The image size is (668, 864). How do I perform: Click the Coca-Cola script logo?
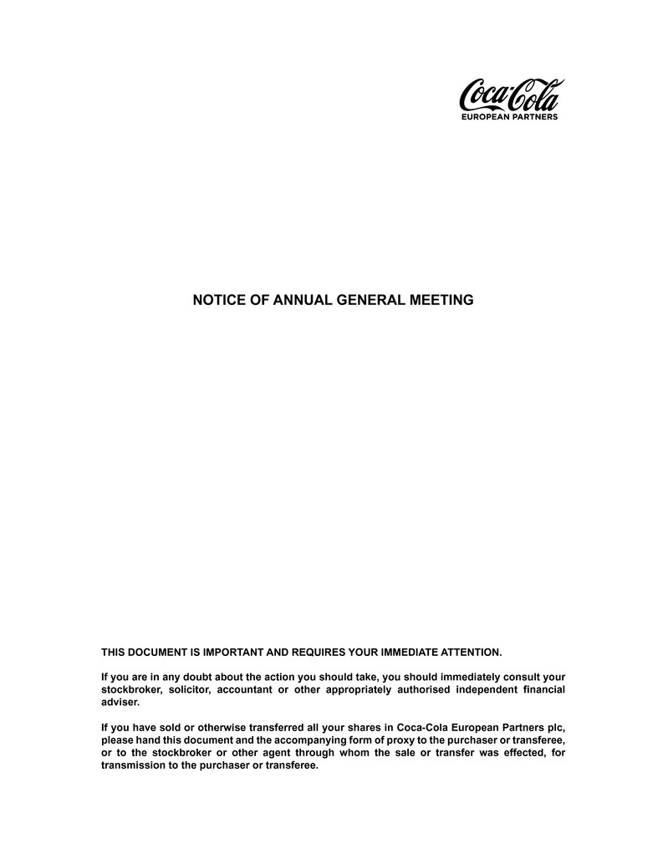pyautogui.click(x=511, y=95)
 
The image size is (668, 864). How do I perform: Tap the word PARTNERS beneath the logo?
pyautogui.click(x=534, y=118)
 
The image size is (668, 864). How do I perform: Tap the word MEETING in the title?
pyautogui.click(x=443, y=299)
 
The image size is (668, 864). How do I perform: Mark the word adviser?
pyautogui.click(x=120, y=703)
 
